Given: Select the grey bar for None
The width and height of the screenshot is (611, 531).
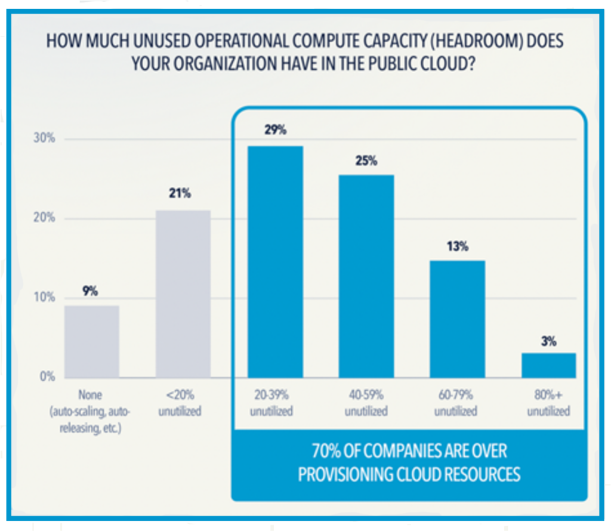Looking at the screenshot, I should (x=92, y=341).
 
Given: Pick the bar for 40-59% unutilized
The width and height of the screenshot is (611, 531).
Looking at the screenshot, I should (x=366, y=276).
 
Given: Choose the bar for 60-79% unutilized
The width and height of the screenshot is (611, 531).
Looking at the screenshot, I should (x=458, y=319).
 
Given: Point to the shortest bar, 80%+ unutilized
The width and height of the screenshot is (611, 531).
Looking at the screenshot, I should (x=549, y=365).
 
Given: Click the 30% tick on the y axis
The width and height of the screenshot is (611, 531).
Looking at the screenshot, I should (x=44, y=138).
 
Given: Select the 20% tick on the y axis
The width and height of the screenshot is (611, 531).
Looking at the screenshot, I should (x=44, y=218).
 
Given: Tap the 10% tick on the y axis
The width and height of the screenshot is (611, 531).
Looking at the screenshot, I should (x=44, y=297).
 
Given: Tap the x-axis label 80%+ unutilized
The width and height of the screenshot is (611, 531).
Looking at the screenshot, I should (x=549, y=403).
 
